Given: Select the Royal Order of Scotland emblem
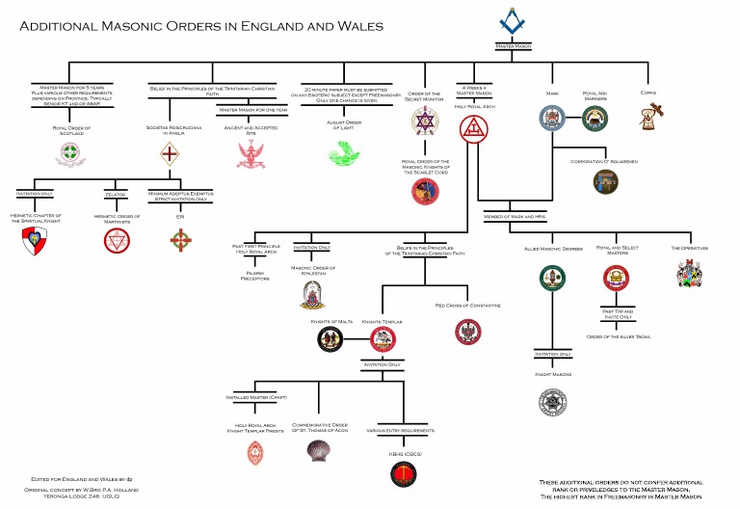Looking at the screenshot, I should click(66, 152).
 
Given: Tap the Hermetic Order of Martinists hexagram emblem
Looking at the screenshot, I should click(118, 240).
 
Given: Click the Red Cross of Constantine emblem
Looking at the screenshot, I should click(467, 332).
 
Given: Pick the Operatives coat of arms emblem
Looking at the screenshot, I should click(690, 274).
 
